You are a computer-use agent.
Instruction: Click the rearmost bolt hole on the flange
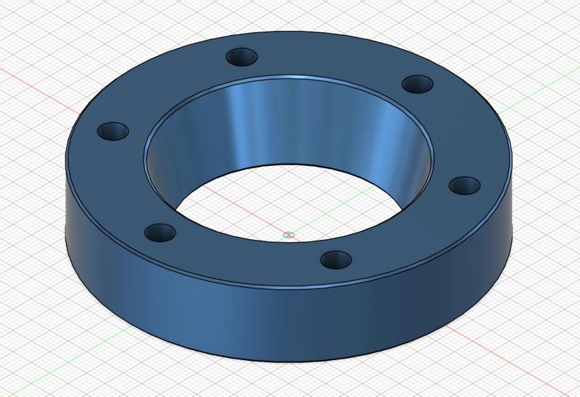243,56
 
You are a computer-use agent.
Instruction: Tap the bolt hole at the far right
464,185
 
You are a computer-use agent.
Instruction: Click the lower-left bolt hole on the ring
160,233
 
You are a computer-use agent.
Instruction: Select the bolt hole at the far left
113,132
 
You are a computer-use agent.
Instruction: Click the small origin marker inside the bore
289,234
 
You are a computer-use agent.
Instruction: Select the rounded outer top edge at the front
290,288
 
